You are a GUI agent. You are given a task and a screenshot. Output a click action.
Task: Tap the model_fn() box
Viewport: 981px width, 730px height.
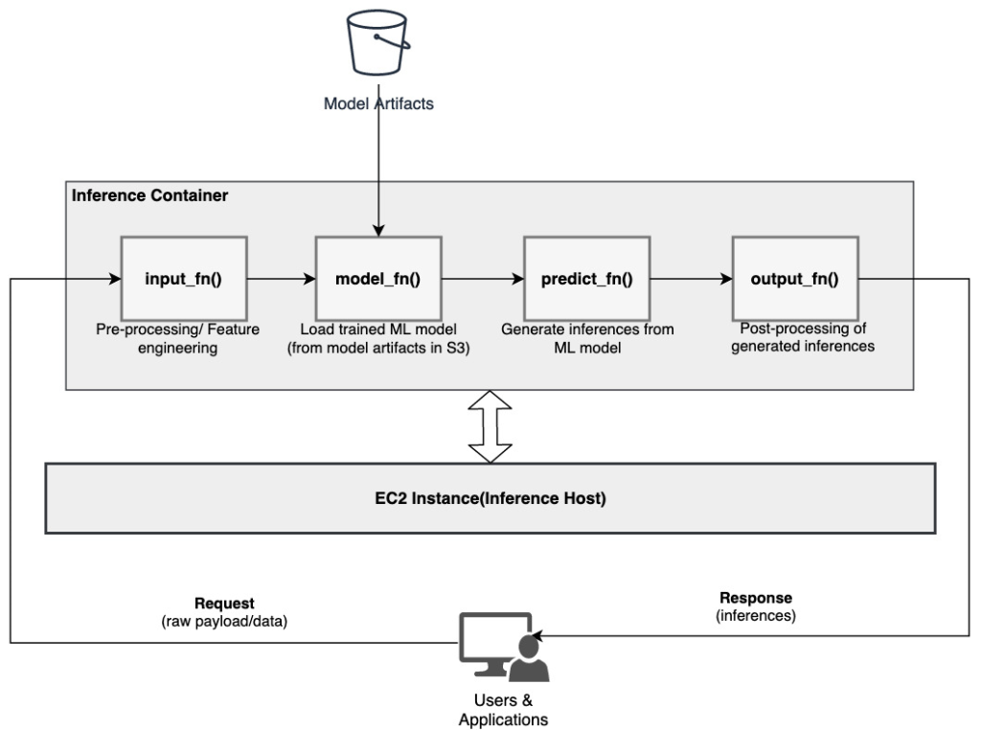377,279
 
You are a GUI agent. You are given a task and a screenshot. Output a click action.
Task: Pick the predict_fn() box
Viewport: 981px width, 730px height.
586,279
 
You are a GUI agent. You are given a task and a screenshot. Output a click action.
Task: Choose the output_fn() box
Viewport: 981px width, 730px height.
794,279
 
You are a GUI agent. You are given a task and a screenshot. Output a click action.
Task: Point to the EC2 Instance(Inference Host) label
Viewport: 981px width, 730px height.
490,498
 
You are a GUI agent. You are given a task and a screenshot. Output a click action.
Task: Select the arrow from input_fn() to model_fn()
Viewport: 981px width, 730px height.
282,279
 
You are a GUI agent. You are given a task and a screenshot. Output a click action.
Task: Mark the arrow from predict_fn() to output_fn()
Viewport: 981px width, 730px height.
690,279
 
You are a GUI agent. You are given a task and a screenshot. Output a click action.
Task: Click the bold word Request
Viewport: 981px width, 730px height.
224,604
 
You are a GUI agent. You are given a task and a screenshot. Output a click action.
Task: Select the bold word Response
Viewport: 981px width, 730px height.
756,598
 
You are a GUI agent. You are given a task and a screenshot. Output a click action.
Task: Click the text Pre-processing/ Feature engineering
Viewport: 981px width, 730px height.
171,339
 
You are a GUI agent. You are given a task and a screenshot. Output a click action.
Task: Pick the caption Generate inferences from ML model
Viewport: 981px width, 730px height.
587,338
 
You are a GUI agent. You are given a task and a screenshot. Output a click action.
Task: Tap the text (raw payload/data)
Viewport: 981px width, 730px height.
224,620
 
